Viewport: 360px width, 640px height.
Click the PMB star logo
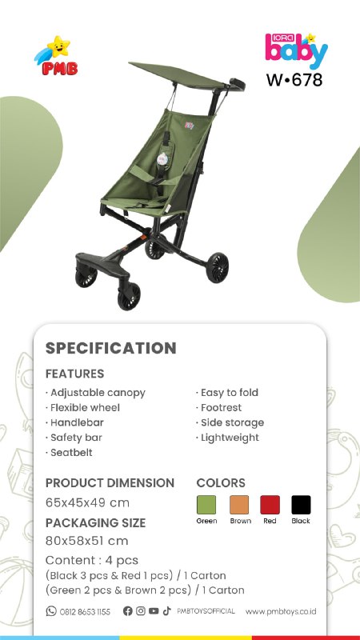coord(56,56)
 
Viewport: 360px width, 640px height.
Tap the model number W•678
coord(294,79)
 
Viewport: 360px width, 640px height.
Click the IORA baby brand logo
coord(296,50)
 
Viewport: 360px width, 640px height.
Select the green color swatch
coord(206,505)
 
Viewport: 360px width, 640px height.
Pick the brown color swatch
coord(239,505)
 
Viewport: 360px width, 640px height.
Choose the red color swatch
coord(270,505)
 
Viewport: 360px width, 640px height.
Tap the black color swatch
coord(302,505)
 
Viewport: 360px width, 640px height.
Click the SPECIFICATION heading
coord(111,348)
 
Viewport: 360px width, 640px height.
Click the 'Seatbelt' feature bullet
coord(69,452)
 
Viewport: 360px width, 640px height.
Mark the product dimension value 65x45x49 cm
coord(87,502)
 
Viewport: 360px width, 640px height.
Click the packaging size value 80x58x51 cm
coord(87,541)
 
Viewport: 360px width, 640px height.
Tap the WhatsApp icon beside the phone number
coord(51,611)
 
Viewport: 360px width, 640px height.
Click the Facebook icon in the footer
coord(128,611)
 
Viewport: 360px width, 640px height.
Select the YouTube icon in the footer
coord(154,611)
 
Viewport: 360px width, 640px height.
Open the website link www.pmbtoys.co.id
coord(281,611)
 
